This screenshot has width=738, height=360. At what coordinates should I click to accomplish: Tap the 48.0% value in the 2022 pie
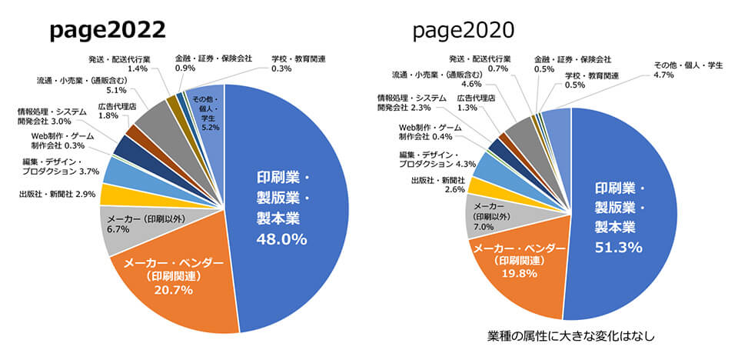click(x=281, y=239)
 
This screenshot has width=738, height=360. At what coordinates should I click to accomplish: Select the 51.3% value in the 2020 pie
click(x=620, y=245)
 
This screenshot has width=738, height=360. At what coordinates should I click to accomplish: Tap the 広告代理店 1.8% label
click(x=117, y=111)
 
